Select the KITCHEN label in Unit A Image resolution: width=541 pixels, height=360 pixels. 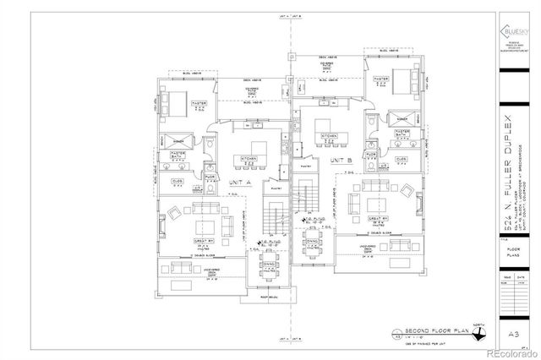click(249, 158)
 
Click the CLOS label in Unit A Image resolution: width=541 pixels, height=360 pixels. click(178, 180)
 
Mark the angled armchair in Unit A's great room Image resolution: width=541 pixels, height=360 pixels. click(173, 212)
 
